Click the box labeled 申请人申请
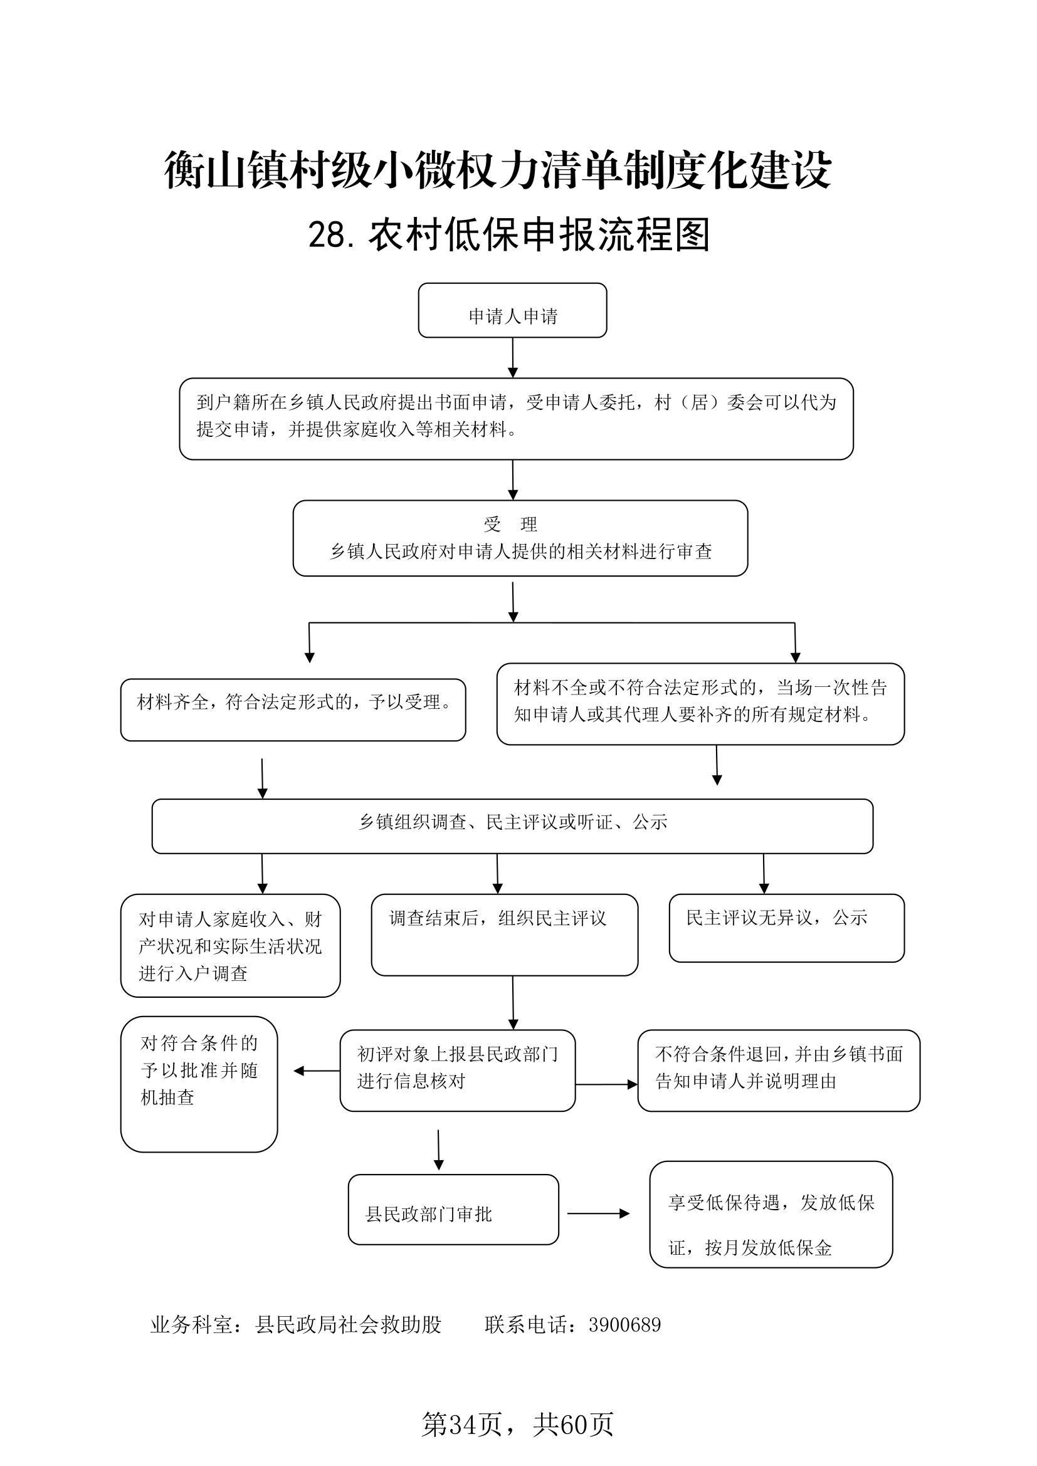(512, 310)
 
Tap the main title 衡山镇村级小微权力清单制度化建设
(498, 170)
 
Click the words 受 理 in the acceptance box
(510, 524)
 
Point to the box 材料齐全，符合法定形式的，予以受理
(293, 709)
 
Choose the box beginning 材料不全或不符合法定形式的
(700, 704)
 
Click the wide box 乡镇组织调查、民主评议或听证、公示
(512, 826)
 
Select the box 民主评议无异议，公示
(787, 928)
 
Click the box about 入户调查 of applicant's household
(231, 946)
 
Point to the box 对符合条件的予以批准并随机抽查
(199, 1084)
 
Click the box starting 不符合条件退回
(779, 1071)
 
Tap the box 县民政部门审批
(453, 1209)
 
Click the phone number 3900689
(624, 1325)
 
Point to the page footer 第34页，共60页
(518, 1423)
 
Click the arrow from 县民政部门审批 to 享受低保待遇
(598, 1214)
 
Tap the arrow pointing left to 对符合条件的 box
(317, 1071)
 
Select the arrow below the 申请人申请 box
(513, 357)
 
